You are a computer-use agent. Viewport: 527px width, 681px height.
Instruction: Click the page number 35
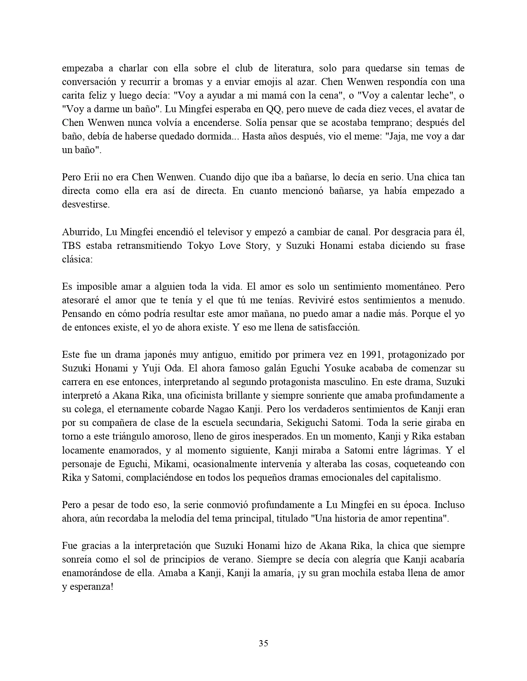pos(263,643)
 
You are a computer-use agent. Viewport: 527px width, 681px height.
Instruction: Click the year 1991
pos(373,355)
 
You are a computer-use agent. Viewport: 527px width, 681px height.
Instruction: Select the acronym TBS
pos(72,246)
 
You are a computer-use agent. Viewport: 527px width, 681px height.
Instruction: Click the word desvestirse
pos(86,205)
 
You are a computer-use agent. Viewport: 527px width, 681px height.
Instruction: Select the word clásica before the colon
pos(77,259)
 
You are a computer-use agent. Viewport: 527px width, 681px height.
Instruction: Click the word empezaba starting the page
pos(81,68)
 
